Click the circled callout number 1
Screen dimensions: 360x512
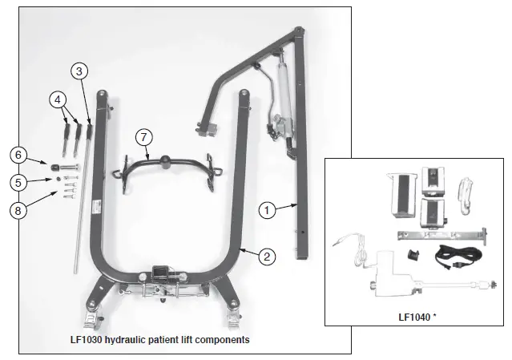(268, 209)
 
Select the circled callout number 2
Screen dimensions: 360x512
(268, 257)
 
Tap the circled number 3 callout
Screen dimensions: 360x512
(78, 71)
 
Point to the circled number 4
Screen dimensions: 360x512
(57, 100)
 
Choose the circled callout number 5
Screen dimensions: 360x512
(21, 182)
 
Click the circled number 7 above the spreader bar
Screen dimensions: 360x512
(143, 137)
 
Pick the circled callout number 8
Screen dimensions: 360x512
(21, 211)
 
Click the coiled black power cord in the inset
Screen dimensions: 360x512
(453, 257)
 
